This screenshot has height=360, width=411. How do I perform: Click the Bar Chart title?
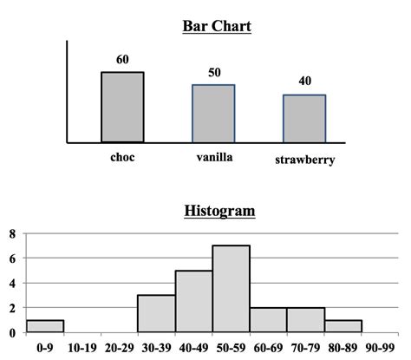click(217, 26)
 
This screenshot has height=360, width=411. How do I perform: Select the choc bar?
click(122, 107)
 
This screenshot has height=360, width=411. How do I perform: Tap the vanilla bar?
click(213, 113)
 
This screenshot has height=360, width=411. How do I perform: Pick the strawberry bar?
click(304, 118)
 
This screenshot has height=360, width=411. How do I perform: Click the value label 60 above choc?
click(122, 60)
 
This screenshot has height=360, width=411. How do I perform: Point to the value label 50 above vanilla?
click(213, 73)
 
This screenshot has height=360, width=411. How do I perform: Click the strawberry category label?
click(305, 160)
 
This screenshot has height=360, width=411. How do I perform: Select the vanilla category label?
click(213, 158)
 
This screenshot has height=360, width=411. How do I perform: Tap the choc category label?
click(122, 158)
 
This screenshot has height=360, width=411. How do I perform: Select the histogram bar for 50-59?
click(232, 289)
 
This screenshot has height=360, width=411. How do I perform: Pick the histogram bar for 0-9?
click(44, 326)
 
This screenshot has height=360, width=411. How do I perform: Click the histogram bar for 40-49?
click(194, 301)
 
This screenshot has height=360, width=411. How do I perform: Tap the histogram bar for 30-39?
click(156, 313)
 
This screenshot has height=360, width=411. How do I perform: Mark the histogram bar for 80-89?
click(343, 326)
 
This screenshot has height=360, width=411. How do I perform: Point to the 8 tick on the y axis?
click(13, 233)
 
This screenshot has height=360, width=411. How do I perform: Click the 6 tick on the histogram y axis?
click(13, 259)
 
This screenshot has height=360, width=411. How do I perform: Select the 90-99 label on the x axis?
click(382, 347)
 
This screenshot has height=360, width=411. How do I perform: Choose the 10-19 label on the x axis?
click(82, 347)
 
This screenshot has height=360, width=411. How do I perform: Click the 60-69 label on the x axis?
click(269, 347)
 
